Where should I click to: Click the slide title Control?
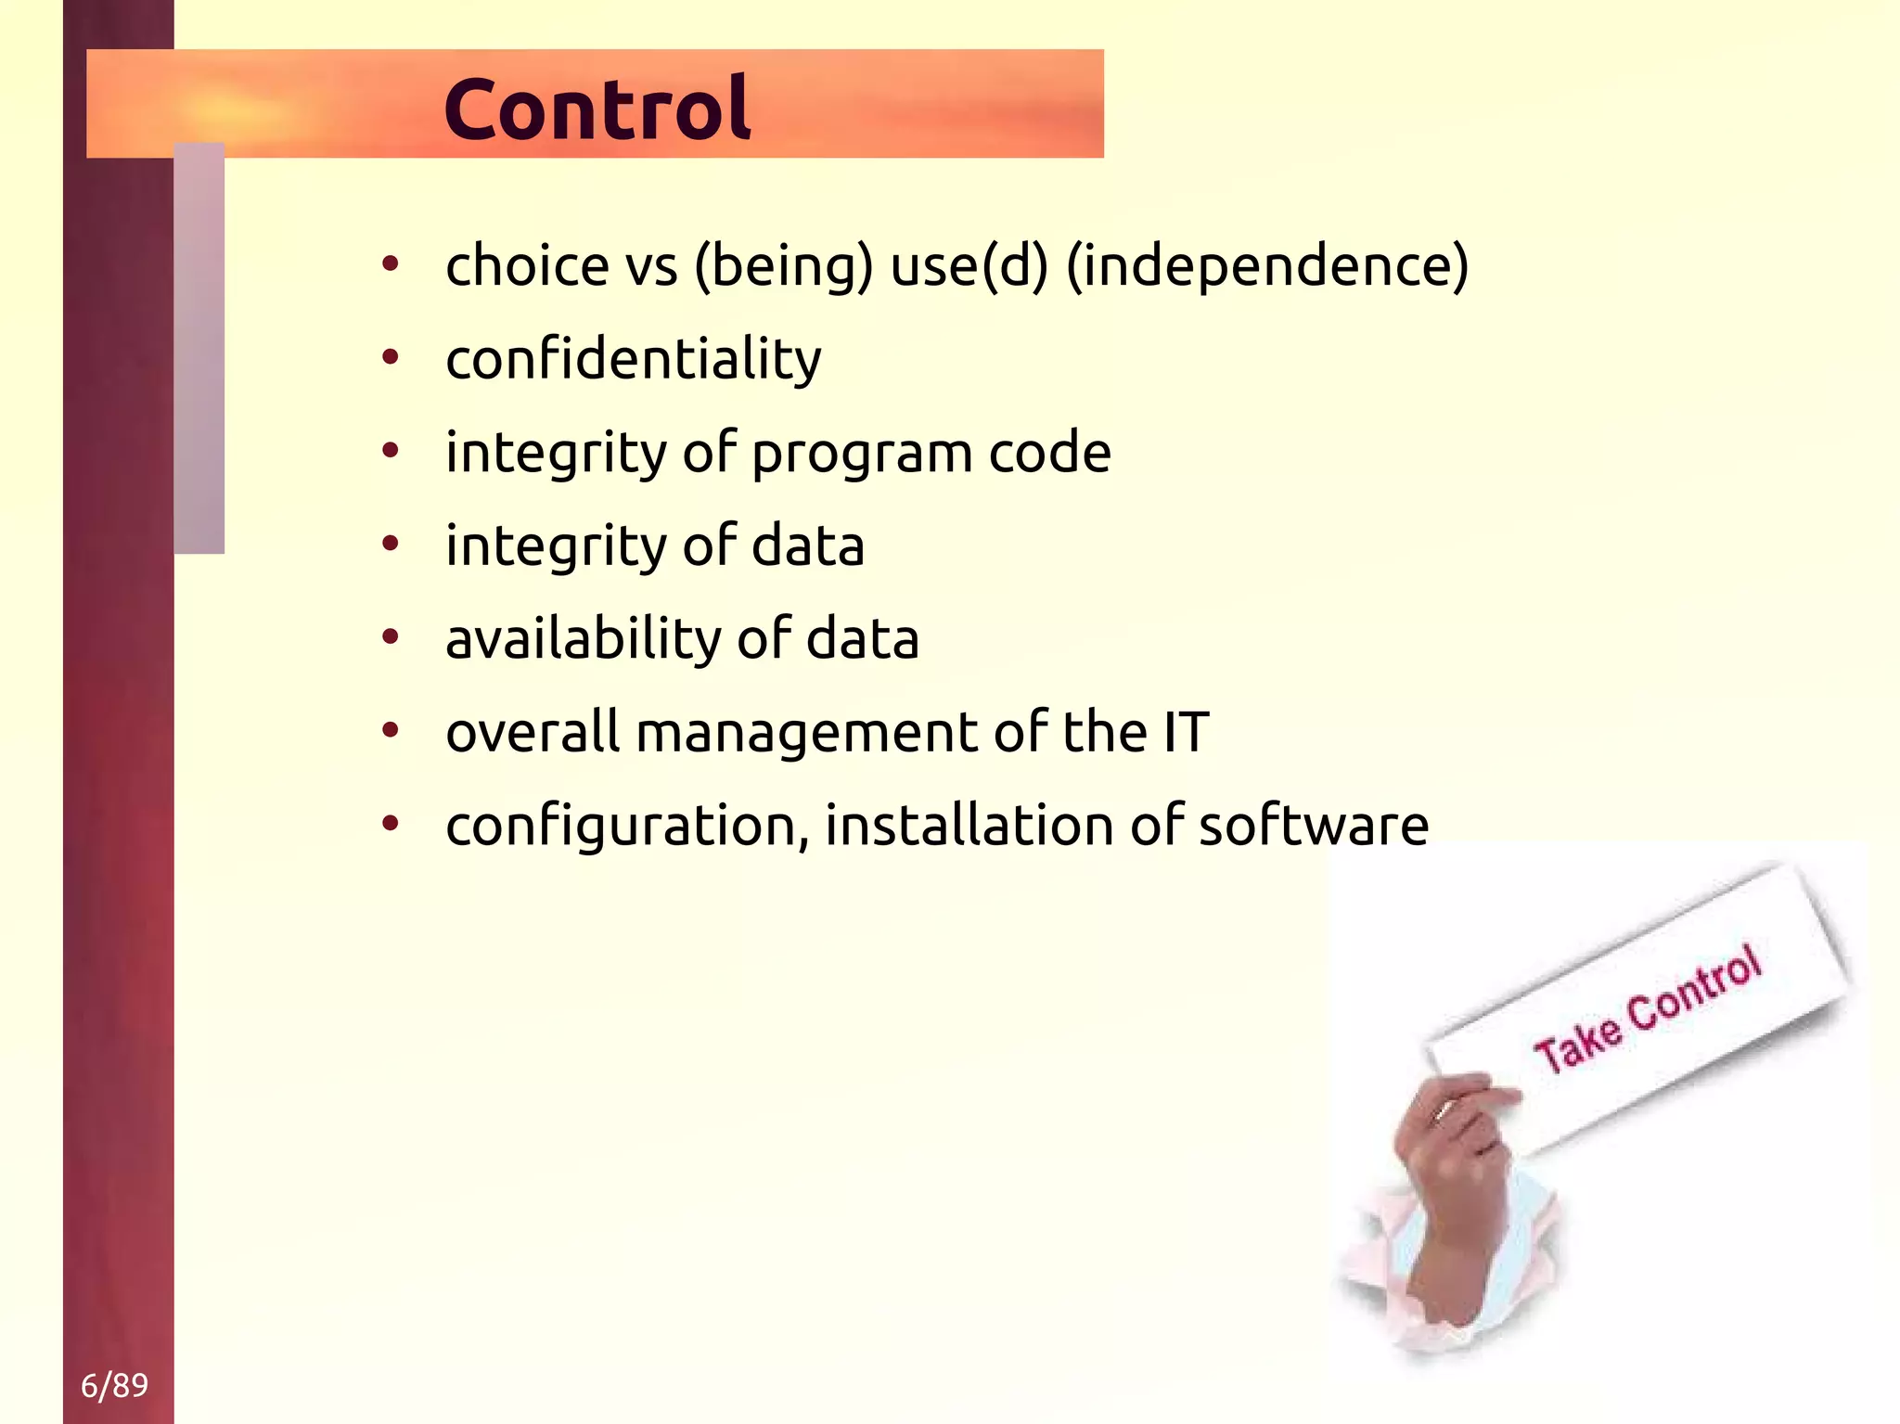597,109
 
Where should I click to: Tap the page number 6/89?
114,1385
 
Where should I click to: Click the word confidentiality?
633,359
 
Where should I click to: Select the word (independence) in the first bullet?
1267,266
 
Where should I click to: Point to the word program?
862,455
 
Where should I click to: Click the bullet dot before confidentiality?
391,357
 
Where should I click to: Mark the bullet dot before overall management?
391,730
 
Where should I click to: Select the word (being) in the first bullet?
784,266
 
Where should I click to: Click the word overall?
532,732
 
